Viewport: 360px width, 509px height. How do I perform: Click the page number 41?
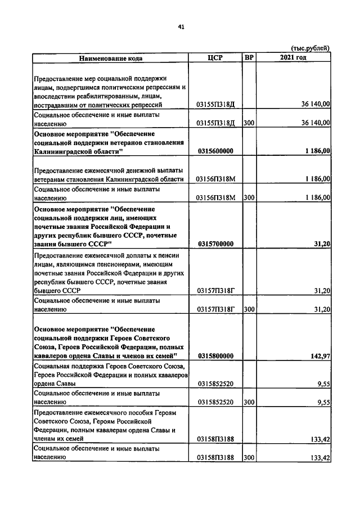[181, 26]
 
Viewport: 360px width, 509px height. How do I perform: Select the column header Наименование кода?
[110, 57]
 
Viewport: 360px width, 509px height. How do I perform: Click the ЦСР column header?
[215, 57]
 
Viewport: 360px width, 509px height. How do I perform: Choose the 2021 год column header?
[292, 57]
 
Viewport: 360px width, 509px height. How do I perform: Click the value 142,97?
[319, 356]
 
